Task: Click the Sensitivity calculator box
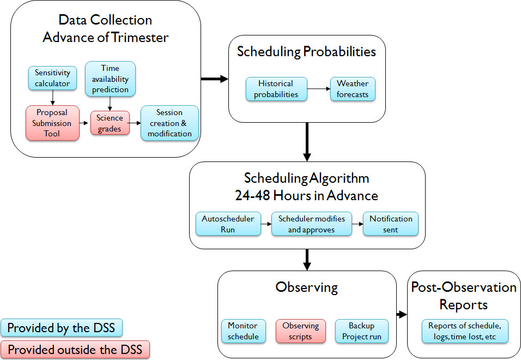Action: tap(52, 78)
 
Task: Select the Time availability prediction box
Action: tap(110, 79)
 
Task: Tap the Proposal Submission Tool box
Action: tap(52, 123)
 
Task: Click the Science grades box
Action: tap(110, 123)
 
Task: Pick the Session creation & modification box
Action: tap(169, 123)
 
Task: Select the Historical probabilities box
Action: tap(276, 89)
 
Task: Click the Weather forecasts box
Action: tap(353, 89)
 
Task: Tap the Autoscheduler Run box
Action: tap(228, 224)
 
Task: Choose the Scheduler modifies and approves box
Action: tap(312, 224)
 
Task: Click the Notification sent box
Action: tap(391, 224)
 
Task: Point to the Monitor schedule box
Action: tap(243, 331)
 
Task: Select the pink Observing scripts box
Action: tap(300, 331)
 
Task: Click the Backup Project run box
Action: tap(361, 331)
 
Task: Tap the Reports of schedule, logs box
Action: tap(464, 331)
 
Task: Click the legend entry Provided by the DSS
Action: tap(62, 328)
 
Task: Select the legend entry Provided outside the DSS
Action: tap(75, 350)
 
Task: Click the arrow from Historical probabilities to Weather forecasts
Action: tap(318, 88)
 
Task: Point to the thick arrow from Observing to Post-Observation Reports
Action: tap(402, 314)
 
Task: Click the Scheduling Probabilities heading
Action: tap(306, 52)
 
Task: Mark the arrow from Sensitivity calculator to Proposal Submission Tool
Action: tap(52, 98)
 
